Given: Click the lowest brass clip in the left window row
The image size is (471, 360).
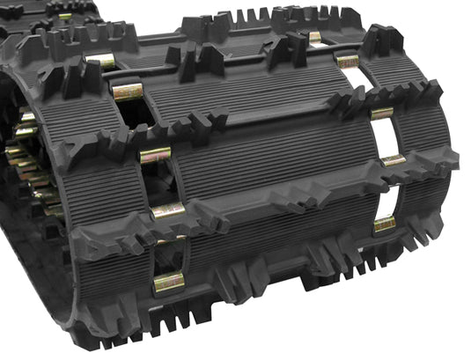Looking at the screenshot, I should (168, 283).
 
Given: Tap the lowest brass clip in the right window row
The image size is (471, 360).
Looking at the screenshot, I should (385, 224).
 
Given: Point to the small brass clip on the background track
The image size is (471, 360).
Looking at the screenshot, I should (65, 17).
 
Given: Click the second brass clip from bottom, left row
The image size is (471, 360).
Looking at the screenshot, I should (168, 211).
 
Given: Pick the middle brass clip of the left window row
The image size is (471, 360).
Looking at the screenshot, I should (155, 155).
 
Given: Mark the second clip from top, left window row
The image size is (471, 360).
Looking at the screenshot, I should (128, 92).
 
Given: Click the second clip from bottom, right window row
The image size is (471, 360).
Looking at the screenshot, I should (393, 160).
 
